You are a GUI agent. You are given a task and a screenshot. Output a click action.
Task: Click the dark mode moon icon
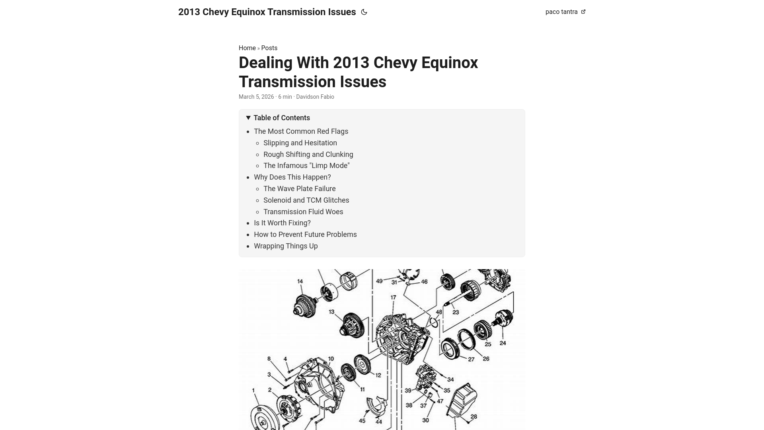point(364,12)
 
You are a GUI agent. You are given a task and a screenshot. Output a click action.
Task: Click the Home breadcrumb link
point(247,48)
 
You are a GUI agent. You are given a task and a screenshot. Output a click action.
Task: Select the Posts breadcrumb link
point(269,48)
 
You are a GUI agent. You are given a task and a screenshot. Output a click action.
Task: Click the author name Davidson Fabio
point(315,97)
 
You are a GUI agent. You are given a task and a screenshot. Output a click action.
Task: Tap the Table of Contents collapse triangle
point(248,118)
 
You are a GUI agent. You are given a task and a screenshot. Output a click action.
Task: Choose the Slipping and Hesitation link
point(300,143)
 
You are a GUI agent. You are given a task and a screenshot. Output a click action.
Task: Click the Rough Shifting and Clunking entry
point(308,154)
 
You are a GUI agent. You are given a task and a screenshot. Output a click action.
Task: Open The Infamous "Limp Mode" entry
point(306,166)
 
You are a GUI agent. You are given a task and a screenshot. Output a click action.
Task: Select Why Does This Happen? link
point(292,177)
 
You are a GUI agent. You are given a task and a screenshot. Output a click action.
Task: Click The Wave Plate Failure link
point(299,189)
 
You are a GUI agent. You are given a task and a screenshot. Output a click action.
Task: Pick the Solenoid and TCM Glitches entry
point(306,200)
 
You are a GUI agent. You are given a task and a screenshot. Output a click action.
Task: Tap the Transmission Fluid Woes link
point(303,212)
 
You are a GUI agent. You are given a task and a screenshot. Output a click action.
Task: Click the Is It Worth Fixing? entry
point(282,223)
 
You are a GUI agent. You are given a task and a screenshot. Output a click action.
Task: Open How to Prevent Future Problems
point(305,235)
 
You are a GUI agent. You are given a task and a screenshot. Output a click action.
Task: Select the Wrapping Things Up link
point(286,246)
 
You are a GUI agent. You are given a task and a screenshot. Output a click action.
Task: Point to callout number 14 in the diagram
point(300,281)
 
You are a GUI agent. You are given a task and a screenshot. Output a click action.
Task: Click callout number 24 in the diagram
point(503,343)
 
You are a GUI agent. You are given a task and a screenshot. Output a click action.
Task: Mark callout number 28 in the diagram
point(474,417)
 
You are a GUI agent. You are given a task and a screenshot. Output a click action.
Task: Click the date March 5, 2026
point(256,97)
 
